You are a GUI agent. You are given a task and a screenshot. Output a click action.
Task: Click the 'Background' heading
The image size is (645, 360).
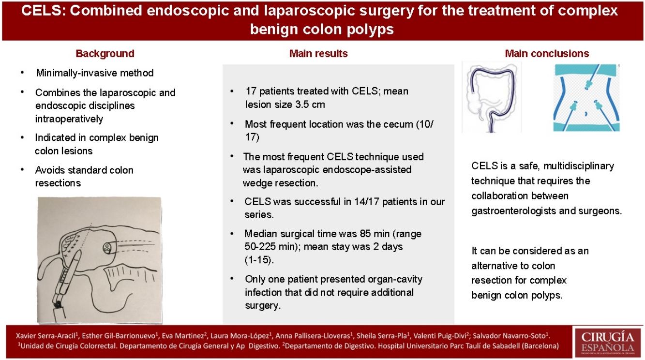pos(105,54)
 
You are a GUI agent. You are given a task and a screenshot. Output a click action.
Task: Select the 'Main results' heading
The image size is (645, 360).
pos(318,54)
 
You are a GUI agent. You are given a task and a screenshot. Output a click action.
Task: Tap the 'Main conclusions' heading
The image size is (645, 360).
pos(547,54)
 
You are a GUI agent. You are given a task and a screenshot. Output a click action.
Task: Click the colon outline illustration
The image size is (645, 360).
pos(491,97)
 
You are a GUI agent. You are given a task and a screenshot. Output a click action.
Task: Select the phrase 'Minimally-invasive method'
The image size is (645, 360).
pos(95,74)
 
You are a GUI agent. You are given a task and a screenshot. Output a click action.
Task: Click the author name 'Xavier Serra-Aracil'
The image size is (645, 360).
pos(38,336)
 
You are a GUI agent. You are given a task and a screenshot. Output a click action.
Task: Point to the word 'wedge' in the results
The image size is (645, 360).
pos(256,182)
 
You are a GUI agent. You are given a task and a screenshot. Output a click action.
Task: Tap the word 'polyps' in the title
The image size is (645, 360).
pos(370,30)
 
